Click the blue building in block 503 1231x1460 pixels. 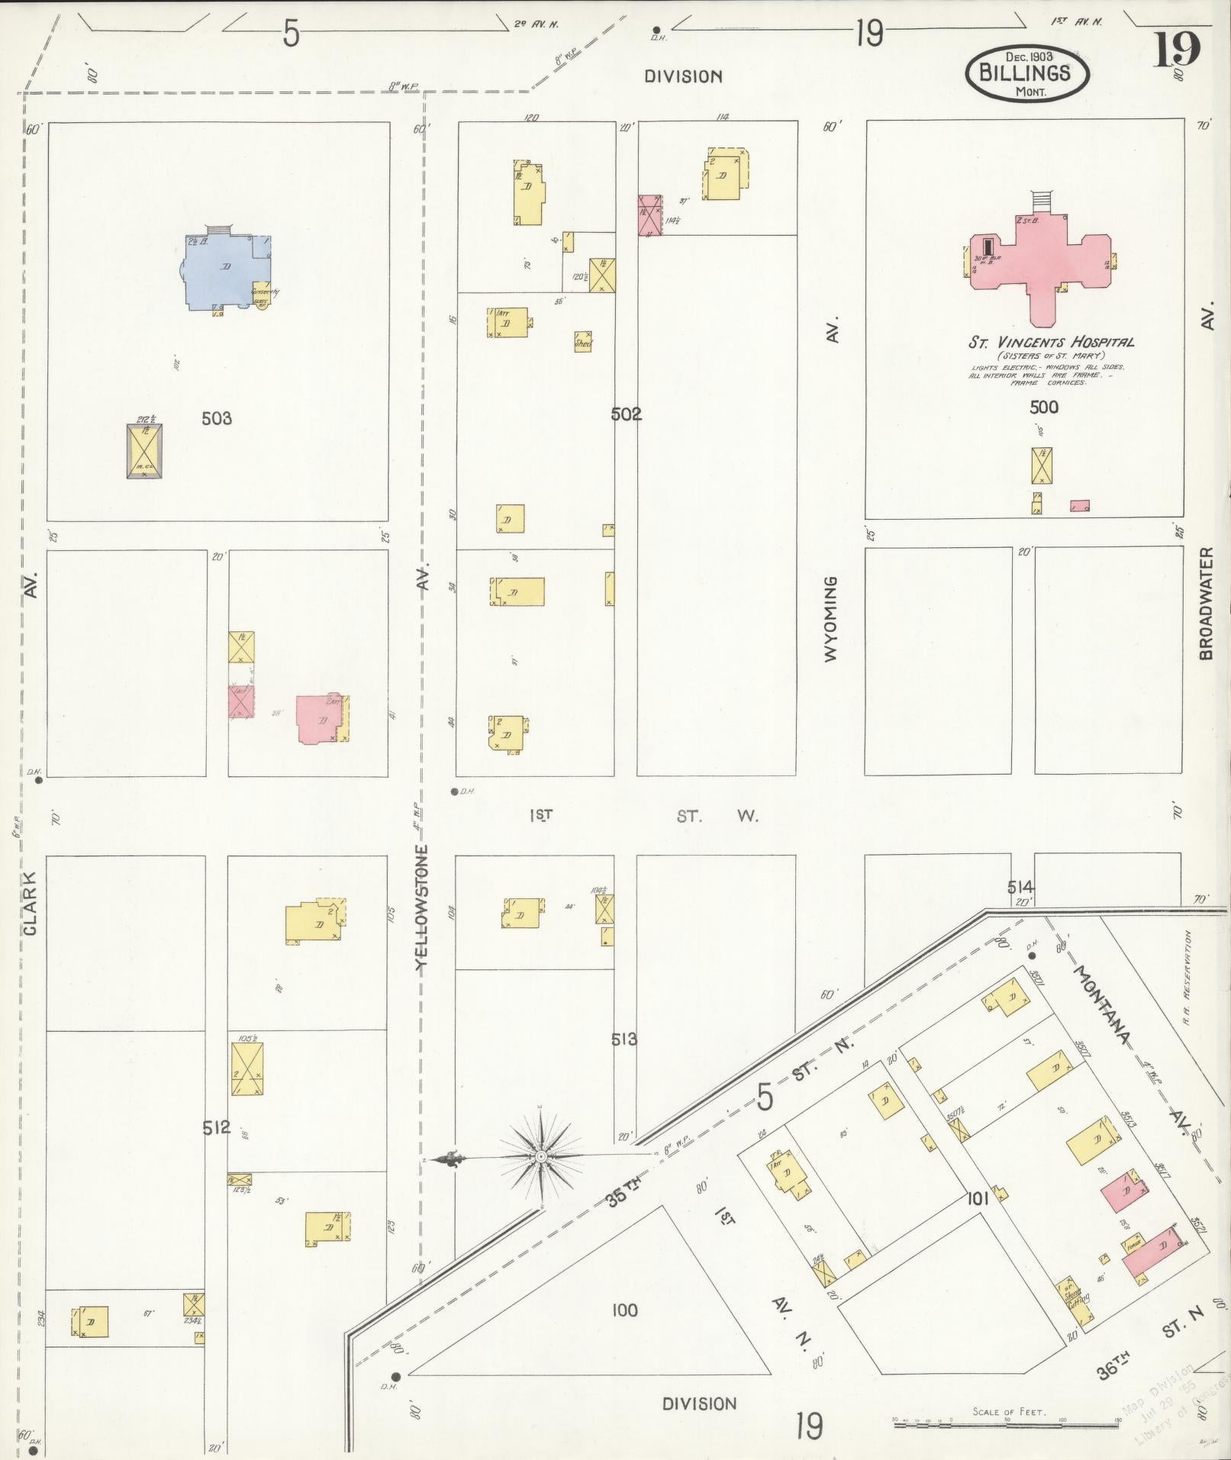tap(225, 271)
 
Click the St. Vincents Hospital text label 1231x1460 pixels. tap(1051, 342)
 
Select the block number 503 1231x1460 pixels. tap(217, 418)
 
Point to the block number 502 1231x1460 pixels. tap(626, 414)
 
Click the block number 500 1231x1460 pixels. tap(1043, 407)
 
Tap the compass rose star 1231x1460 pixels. tap(541, 1157)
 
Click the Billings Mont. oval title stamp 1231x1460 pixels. tap(1028, 73)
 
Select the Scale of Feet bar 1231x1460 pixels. tap(1007, 1422)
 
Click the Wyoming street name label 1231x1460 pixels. tap(831, 618)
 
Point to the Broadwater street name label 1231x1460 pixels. tap(1206, 603)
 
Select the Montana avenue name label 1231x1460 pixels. tap(1102, 1005)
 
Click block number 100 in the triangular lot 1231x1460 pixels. tap(624, 1310)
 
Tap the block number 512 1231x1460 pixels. tap(217, 1127)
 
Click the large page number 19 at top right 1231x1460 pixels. tap(1176, 50)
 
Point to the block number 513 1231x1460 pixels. tap(624, 1039)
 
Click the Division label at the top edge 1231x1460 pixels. tap(683, 76)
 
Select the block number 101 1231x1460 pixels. tap(978, 1199)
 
